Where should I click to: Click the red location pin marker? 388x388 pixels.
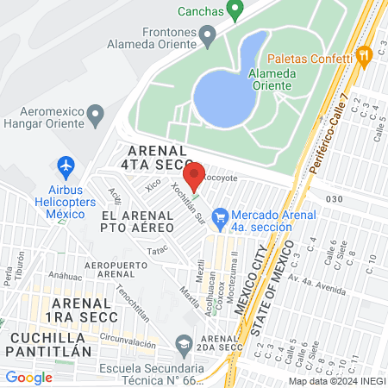click(194, 175)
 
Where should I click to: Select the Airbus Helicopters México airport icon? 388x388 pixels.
click(66, 165)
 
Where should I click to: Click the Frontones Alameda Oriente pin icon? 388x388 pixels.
click(207, 36)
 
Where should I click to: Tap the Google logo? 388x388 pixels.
click(29, 377)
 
